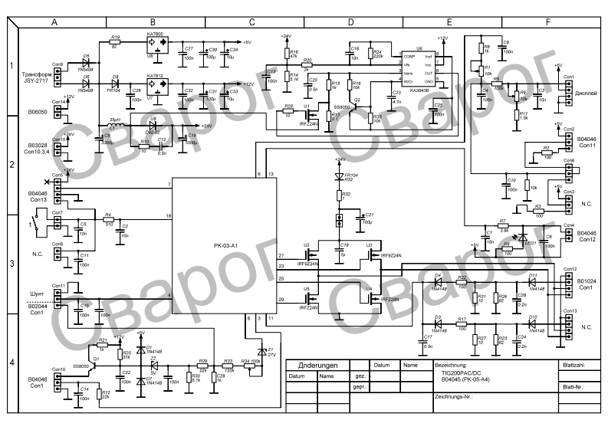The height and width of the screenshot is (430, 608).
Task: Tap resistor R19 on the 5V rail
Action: tap(115, 42)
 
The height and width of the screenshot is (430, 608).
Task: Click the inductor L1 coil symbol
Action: tap(115, 126)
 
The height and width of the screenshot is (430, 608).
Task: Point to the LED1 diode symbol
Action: tap(524, 238)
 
